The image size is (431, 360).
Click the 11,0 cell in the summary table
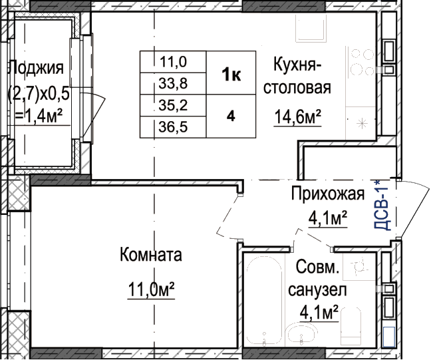coord(173,62)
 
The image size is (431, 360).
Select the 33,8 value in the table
coord(173,83)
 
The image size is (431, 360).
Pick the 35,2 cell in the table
coord(173,105)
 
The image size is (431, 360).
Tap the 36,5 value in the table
coord(173,127)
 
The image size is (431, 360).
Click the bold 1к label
coord(231,75)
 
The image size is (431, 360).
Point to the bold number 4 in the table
coord(231,116)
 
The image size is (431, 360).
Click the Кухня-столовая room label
coord(297,76)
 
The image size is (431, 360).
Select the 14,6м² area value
coord(298,117)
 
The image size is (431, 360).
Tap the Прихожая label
coord(328,194)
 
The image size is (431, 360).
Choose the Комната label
coord(151,255)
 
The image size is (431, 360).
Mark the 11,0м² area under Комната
coord(151,290)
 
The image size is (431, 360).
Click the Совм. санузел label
coord(317,278)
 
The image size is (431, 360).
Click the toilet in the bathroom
coord(351,327)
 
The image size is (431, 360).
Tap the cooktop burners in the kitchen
coord(360,63)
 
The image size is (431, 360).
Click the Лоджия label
coord(37,68)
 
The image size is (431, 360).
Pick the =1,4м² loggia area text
coord(39,116)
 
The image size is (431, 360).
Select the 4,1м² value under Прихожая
coord(328,218)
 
